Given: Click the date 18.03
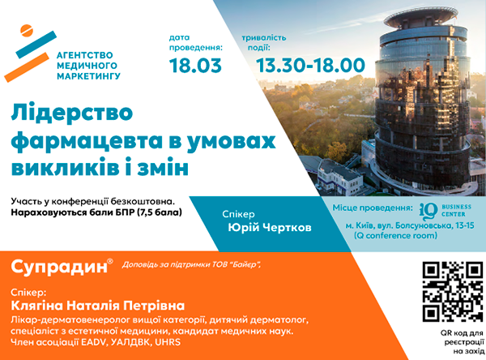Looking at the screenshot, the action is click(x=195, y=66).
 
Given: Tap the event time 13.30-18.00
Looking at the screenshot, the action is click(x=310, y=66).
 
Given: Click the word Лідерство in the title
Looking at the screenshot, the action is click(x=72, y=113).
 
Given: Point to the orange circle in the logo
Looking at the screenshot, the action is click(x=26, y=30).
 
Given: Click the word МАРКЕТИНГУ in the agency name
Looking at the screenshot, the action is click(x=88, y=76).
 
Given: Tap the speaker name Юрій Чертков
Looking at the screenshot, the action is click(x=270, y=228).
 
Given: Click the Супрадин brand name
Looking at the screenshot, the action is click(x=59, y=267).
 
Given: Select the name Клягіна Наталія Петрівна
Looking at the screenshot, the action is click(x=98, y=306).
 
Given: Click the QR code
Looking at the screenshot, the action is click(x=453, y=292).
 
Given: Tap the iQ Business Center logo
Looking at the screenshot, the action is click(x=445, y=211).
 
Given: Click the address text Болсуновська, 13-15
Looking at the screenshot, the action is click(x=435, y=225).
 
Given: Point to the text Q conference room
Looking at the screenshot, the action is click(x=397, y=236).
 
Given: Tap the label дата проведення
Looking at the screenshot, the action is click(x=195, y=43).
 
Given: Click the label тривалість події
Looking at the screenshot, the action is click(x=264, y=43).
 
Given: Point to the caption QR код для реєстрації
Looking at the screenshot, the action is click(x=463, y=337).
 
